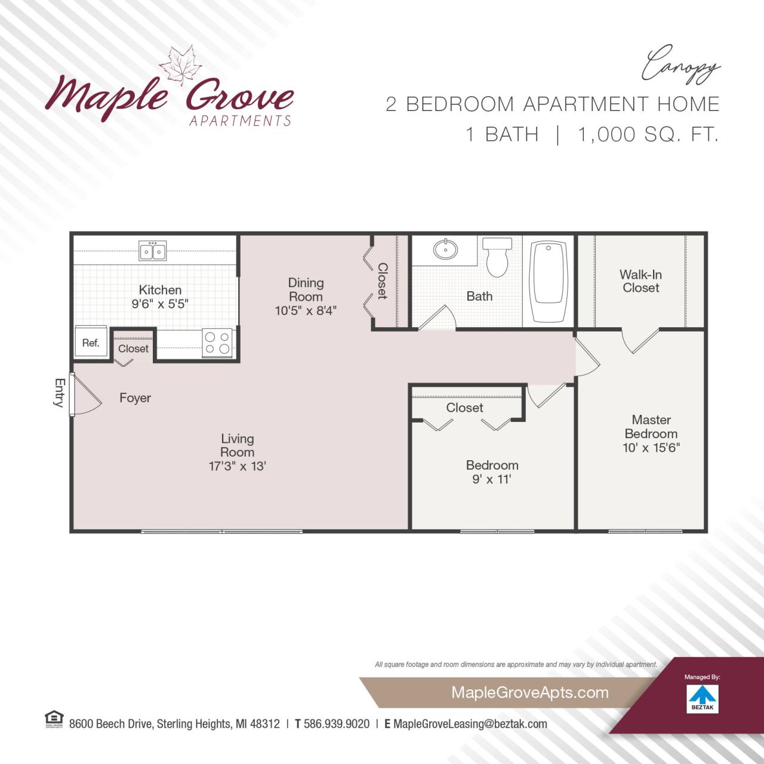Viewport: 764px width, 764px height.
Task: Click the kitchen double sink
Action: pos(153,251)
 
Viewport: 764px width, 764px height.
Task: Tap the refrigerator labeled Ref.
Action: pos(91,343)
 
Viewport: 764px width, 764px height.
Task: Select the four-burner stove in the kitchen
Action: pos(217,343)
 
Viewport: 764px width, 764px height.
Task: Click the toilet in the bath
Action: pos(497,258)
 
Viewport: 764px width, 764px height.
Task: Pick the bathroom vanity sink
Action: pos(445,249)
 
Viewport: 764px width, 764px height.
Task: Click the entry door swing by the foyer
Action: pos(82,395)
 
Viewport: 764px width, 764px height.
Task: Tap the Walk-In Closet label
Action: pos(640,281)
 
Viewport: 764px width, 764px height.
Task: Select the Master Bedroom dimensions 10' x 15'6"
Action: pos(651,448)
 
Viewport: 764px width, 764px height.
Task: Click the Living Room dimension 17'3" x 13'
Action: pos(237,466)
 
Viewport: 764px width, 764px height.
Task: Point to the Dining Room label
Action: pos(306,289)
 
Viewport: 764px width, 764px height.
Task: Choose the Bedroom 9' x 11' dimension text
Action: pos(491,479)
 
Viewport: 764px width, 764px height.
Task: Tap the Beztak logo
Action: pos(703,698)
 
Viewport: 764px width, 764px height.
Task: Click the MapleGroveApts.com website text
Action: pos(529,692)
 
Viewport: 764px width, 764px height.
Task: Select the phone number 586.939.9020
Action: pos(337,724)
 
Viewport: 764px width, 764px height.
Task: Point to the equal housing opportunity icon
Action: pos(54,719)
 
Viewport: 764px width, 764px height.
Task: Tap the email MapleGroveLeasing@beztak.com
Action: pos(470,724)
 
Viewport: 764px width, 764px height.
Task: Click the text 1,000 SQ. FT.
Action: pos(648,134)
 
